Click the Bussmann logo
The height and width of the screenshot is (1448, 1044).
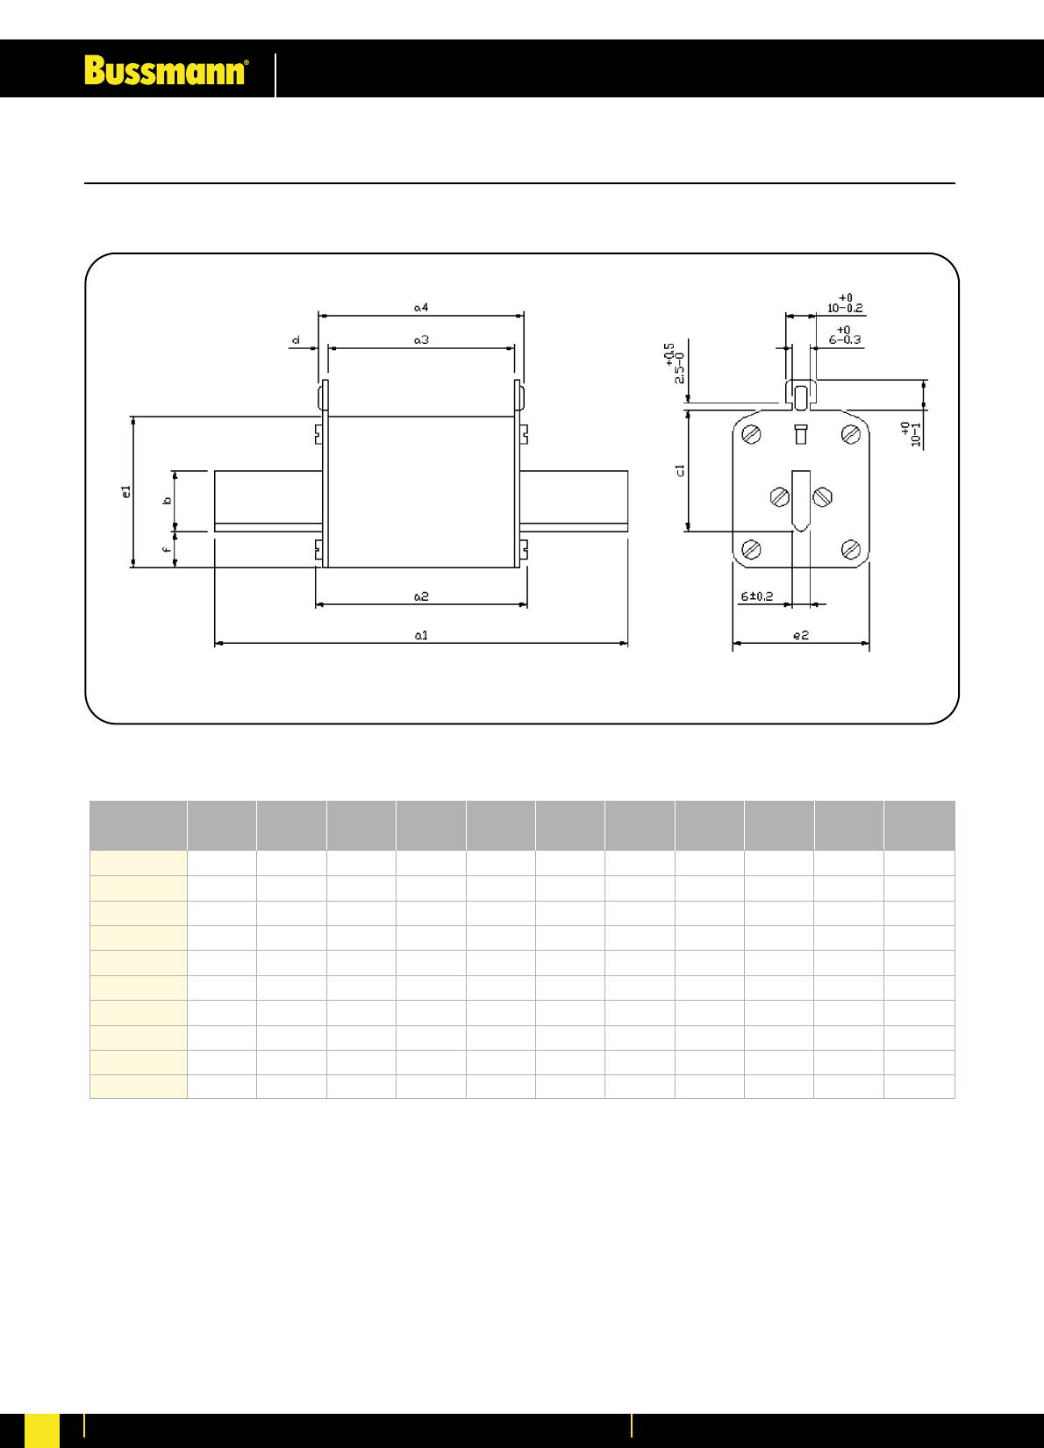click(166, 70)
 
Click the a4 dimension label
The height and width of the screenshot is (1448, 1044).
click(421, 308)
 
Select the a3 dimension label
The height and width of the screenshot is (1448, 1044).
click(421, 339)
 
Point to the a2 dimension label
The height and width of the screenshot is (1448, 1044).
click(421, 596)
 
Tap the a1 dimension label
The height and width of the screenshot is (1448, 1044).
click(421, 636)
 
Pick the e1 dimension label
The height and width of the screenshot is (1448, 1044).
click(126, 491)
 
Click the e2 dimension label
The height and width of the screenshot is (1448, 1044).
click(801, 636)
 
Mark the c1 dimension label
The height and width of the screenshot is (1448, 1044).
click(679, 471)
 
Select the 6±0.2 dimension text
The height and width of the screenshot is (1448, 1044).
click(756, 596)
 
